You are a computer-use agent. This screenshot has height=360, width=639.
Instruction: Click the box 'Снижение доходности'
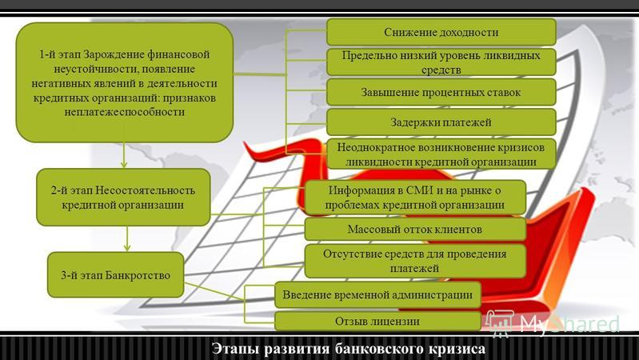(441, 32)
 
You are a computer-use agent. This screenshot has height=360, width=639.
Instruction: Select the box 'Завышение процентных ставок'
(441, 92)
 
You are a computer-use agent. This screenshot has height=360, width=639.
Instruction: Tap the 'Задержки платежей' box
(441, 122)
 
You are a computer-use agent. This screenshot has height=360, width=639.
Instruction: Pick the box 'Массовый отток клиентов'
(415, 229)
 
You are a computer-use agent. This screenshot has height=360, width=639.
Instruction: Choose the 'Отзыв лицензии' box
(377, 322)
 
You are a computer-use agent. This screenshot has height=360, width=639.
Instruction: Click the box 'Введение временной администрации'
(377, 294)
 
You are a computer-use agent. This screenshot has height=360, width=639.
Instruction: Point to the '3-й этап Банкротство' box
(116, 274)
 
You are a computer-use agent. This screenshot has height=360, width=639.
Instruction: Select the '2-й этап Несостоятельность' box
(123, 198)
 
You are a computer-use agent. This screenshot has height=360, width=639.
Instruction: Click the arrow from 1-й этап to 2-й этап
(124, 155)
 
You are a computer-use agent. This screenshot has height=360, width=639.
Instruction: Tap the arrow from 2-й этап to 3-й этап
(126, 239)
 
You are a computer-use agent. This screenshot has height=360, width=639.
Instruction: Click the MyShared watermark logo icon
(500, 322)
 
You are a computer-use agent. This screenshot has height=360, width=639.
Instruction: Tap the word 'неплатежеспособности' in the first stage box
(124, 112)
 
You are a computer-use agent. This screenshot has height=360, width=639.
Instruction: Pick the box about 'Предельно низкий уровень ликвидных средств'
(441, 62)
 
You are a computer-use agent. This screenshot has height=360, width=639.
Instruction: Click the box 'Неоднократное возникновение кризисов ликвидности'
(441, 154)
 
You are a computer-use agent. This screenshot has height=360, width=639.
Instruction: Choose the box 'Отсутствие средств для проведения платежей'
(415, 261)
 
